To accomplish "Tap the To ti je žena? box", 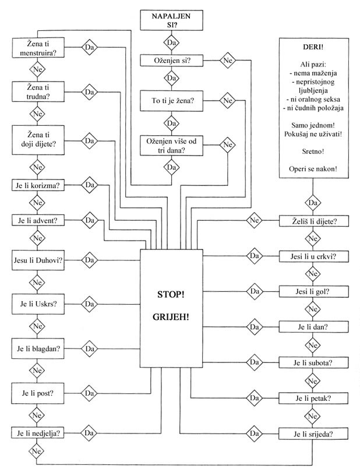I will point(172,101).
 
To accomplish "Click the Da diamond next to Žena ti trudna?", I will point(89,92).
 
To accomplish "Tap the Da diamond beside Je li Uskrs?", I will point(89,304).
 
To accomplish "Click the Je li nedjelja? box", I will point(38,433).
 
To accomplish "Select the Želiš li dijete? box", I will point(314,221).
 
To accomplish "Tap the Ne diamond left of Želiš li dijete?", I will point(254,221).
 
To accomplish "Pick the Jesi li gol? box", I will point(314,291).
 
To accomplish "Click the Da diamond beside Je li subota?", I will point(254,362).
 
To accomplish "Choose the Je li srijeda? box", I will point(314,434).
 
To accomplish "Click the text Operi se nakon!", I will point(313,169).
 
